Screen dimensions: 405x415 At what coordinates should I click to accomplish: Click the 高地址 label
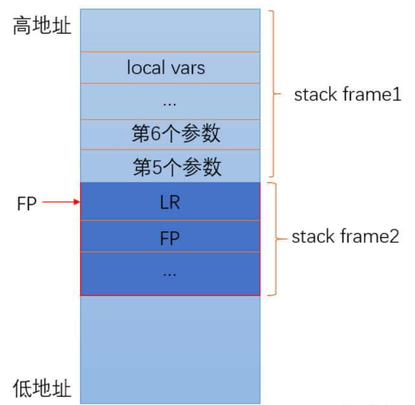(42, 27)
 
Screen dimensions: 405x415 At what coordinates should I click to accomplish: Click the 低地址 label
(42, 388)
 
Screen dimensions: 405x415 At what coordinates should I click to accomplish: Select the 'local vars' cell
(169, 67)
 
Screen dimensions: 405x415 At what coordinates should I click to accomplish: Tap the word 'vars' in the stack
(188, 68)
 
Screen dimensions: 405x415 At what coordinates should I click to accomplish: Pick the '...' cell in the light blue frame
(169, 101)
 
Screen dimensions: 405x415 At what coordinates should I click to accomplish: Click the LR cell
(169, 203)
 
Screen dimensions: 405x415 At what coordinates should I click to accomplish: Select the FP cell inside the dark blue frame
(169, 238)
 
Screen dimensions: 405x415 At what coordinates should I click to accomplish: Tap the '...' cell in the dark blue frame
(169, 273)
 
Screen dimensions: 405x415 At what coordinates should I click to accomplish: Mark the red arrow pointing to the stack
(61, 203)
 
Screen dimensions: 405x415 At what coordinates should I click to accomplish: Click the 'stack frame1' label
(348, 95)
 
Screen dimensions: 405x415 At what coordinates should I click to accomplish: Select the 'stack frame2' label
(345, 236)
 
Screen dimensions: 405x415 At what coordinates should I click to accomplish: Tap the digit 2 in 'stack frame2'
(394, 236)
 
